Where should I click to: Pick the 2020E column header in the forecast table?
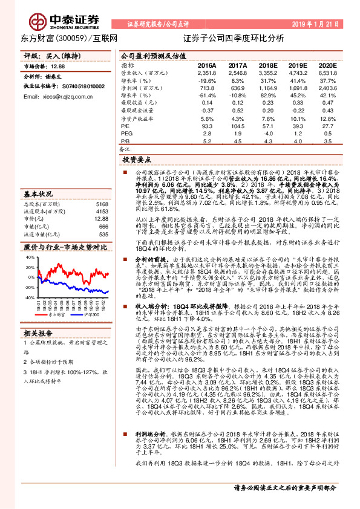coord(327,65)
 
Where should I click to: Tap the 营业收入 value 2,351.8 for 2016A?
coord(206,73)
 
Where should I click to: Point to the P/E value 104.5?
coord(237,125)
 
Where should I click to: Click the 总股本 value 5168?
coord(102,204)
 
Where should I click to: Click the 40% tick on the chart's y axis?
coord(30,257)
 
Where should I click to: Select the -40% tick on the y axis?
coord(30,297)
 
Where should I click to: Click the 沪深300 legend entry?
coord(90,315)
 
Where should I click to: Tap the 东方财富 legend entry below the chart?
coord(56,315)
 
